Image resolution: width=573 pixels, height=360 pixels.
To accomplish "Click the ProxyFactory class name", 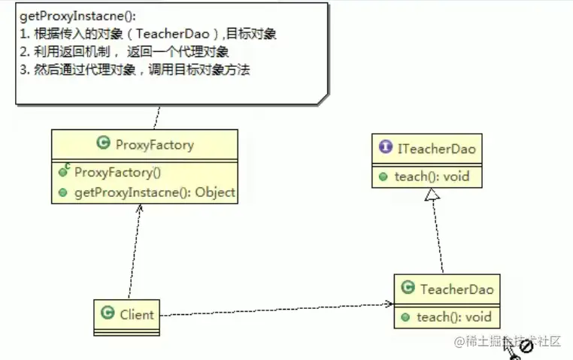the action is click(154, 144).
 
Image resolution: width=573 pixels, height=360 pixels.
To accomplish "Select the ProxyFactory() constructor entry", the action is click(117, 171).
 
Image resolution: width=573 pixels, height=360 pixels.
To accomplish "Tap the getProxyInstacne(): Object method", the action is click(154, 192).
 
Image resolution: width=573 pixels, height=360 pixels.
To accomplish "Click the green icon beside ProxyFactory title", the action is click(104, 144).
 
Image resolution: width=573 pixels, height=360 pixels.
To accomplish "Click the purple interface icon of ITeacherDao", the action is click(385, 149).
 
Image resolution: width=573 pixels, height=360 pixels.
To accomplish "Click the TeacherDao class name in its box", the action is click(456, 289).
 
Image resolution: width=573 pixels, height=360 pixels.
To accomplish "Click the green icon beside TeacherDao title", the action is click(408, 288).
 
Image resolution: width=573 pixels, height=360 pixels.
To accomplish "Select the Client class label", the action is click(136, 314).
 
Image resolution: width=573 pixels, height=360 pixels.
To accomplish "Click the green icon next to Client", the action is click(108, 314).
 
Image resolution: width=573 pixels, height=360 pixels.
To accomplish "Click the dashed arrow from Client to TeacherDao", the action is click(278, 309).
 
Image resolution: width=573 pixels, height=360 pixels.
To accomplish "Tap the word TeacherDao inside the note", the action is click(168, 34).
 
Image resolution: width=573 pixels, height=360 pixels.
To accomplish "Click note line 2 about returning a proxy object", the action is click(124, 52).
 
